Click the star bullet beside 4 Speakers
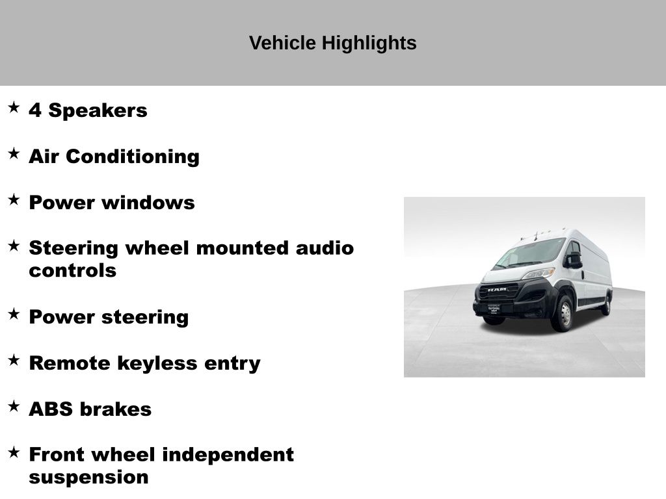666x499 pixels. [x=14, y=107]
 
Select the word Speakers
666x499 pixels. [x=98, y=111]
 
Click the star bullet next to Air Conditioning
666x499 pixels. [x=14, y=153]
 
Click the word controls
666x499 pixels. [x=72, y=271]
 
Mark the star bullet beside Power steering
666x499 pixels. [x=14, y=314]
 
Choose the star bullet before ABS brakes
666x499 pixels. [x=14, y=406]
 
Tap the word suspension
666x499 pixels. [x=88, y=478]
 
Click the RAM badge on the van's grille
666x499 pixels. [x=497, y=290]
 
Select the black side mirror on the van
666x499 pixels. [x=573, y=259]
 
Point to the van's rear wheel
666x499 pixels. [x=606, y=304]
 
